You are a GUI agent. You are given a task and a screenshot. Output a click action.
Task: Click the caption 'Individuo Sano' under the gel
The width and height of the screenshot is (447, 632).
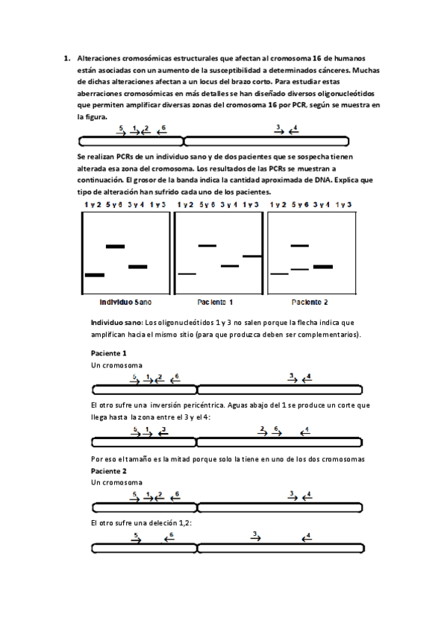pyautogui.click(x=125, y=303)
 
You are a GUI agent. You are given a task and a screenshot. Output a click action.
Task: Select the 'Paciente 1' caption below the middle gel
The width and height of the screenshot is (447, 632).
pyautogui.click(x=215, y=303)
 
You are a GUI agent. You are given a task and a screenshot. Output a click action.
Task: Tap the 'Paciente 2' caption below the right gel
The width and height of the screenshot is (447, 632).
pyautogui.click(x=309, y=303)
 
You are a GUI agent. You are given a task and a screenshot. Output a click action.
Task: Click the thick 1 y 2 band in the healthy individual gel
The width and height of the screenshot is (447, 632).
pyautogui.click(x=95, y=275)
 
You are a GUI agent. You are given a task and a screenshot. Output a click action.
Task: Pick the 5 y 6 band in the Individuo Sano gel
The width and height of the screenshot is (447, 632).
pyautogui.click(x=115, y=246)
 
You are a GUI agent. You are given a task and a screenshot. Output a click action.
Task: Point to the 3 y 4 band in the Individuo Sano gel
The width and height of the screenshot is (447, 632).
pyautogui.click(x=137, y=266)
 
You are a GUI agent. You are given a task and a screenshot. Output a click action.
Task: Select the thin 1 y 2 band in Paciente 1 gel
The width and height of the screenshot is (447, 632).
pyautogui.click(x=187, y=274)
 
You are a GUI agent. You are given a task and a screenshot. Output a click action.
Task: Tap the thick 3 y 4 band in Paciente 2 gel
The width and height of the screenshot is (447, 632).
pyautogui.click(x=322, y=266)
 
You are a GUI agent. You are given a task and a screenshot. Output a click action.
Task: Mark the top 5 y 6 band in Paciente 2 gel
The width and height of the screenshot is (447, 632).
pyautogui.click(x=299, y=245)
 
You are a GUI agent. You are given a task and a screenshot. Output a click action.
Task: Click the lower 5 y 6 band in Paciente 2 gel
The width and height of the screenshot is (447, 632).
pyautogui.click(x=299, y=268)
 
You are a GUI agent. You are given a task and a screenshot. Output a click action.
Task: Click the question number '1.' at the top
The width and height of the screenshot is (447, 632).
pyautogui.click(x=66, y=57)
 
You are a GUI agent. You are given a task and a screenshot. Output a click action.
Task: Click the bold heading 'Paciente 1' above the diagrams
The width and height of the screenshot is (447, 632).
pyautogui.click(x=108, y=353)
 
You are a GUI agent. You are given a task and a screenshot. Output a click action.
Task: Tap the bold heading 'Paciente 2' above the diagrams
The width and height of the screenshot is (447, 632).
pyautogui.click(x=108, y=471)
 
